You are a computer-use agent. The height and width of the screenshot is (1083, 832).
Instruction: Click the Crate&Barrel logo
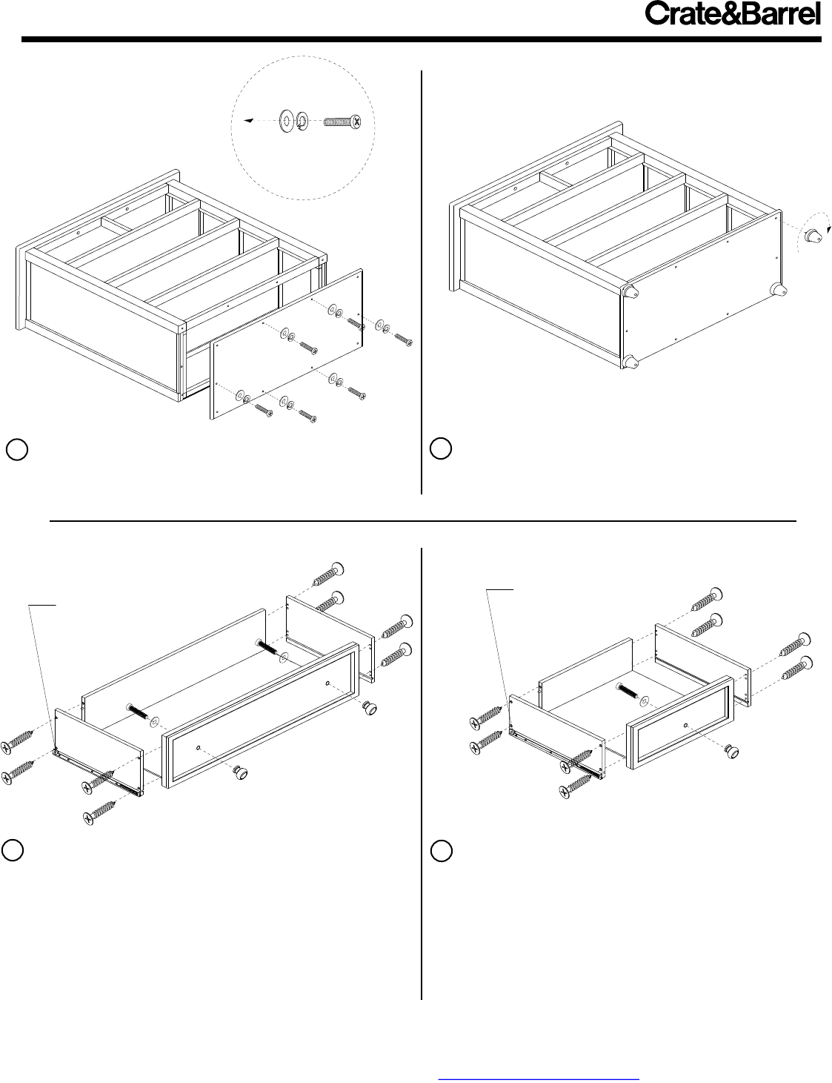pos(733,14)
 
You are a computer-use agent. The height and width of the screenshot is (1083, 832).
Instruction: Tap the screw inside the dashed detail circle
pos(342,121)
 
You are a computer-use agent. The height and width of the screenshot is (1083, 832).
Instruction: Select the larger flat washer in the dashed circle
pos(287,121)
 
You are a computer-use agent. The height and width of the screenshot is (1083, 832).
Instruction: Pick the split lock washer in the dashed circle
pos(302,121)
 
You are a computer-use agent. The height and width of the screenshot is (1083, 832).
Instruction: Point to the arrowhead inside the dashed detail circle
pos(248,120)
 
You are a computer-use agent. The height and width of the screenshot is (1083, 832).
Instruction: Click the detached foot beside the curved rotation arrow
pos(813,236)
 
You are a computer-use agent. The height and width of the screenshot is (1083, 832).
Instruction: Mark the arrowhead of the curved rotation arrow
pos(829,229)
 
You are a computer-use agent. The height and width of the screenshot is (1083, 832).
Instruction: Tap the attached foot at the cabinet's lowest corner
pos(630,362)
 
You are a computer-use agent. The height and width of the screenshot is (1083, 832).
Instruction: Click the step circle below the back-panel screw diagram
pos(17,449)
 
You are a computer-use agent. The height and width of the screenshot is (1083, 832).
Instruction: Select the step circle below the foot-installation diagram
pos(441,448)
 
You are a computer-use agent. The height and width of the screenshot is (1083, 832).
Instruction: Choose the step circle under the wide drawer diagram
pos(13,850)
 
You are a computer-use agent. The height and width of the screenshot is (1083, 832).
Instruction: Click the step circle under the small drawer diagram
pos(441,851)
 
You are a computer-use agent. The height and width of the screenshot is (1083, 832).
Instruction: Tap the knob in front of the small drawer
pos(731,752)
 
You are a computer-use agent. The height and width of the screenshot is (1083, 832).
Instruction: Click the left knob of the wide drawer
pos(241,772)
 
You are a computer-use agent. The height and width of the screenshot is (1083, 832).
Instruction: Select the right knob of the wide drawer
pos(370,708)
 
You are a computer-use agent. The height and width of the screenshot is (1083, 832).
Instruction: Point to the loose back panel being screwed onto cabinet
pos(286,345)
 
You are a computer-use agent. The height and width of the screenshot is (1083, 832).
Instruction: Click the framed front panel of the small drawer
pos(680,722)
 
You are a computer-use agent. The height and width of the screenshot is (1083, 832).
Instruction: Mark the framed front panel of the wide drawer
pos(261,715)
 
